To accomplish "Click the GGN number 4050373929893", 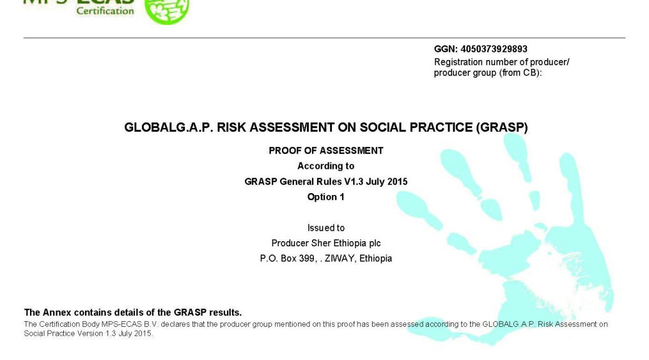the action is (x=494, y=49).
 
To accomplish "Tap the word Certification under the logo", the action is (x=105, y=11).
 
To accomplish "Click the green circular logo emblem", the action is (x=167, y=11).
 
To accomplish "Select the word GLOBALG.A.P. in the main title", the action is (x=169, y=127).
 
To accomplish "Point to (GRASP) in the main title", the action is (x=501, y=127).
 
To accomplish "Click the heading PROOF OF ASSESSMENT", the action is (x=326, y=151).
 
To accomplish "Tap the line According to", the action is (x=326, y=166).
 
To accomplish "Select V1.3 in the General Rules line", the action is (x=353, y=182).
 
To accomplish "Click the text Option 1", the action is (x=326, y=197).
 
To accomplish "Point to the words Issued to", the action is (x=326, y=228).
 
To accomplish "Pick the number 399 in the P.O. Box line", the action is (x=307, y=259).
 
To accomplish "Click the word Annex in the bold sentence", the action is (x=57, y=312).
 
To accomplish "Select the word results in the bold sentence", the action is (x=225, y=312).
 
